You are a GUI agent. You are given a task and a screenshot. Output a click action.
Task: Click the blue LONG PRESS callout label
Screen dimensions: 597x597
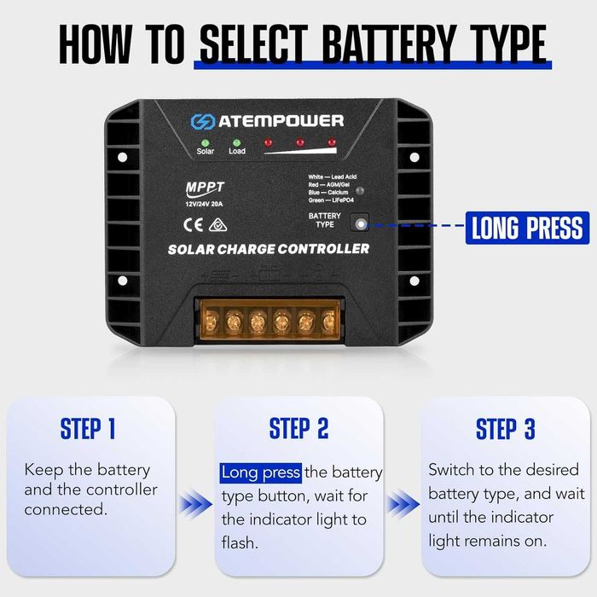coord(527,227)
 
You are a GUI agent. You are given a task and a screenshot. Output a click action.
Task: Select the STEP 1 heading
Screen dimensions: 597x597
coord(88,429)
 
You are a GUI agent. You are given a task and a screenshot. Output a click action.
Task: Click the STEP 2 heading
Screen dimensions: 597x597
coord(298,429)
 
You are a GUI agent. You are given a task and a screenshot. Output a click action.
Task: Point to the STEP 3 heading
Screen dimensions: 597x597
coord(505,429)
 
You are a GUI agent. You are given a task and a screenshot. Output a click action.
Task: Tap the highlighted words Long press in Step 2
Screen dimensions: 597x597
coord(261,472)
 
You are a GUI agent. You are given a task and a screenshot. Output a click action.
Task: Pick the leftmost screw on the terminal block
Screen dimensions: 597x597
coord(209,321)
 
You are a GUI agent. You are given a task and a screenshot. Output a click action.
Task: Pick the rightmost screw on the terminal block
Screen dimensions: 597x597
coord(329,321)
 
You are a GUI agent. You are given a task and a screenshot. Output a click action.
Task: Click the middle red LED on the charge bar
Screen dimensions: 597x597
coord(299,142)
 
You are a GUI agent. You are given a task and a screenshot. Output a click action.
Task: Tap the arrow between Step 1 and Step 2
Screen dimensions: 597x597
coord(194,505)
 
